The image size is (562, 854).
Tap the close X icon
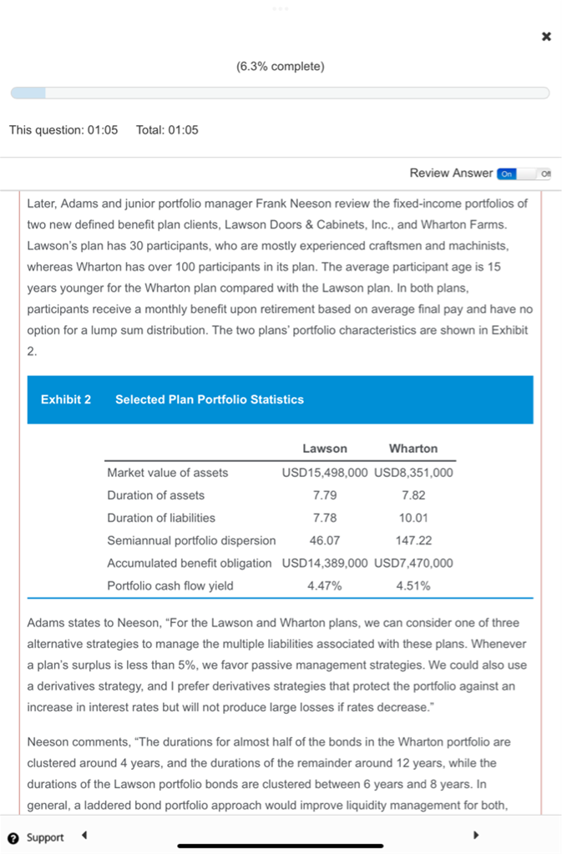(546, 37)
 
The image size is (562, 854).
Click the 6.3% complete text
(281, 66)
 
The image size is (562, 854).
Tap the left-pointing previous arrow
(84, 835)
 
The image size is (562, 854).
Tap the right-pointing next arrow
(476, 835)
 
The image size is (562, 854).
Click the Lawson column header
(325, 449)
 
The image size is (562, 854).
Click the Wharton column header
(413, 449)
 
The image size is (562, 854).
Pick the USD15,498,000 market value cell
(325, 473)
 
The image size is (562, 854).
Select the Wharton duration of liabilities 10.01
(413, 518)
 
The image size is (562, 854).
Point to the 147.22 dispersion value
(413, 540)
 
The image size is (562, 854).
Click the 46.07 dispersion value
(325, 540)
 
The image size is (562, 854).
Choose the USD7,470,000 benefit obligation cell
(413, 563)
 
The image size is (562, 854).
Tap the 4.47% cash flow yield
(325, 585)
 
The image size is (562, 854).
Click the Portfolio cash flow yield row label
(170, 585)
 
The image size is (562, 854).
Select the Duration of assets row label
(155, 495)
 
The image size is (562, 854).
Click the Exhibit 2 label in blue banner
(66, 399)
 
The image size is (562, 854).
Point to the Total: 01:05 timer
(167, 130)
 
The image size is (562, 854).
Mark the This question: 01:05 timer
(63, 130)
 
